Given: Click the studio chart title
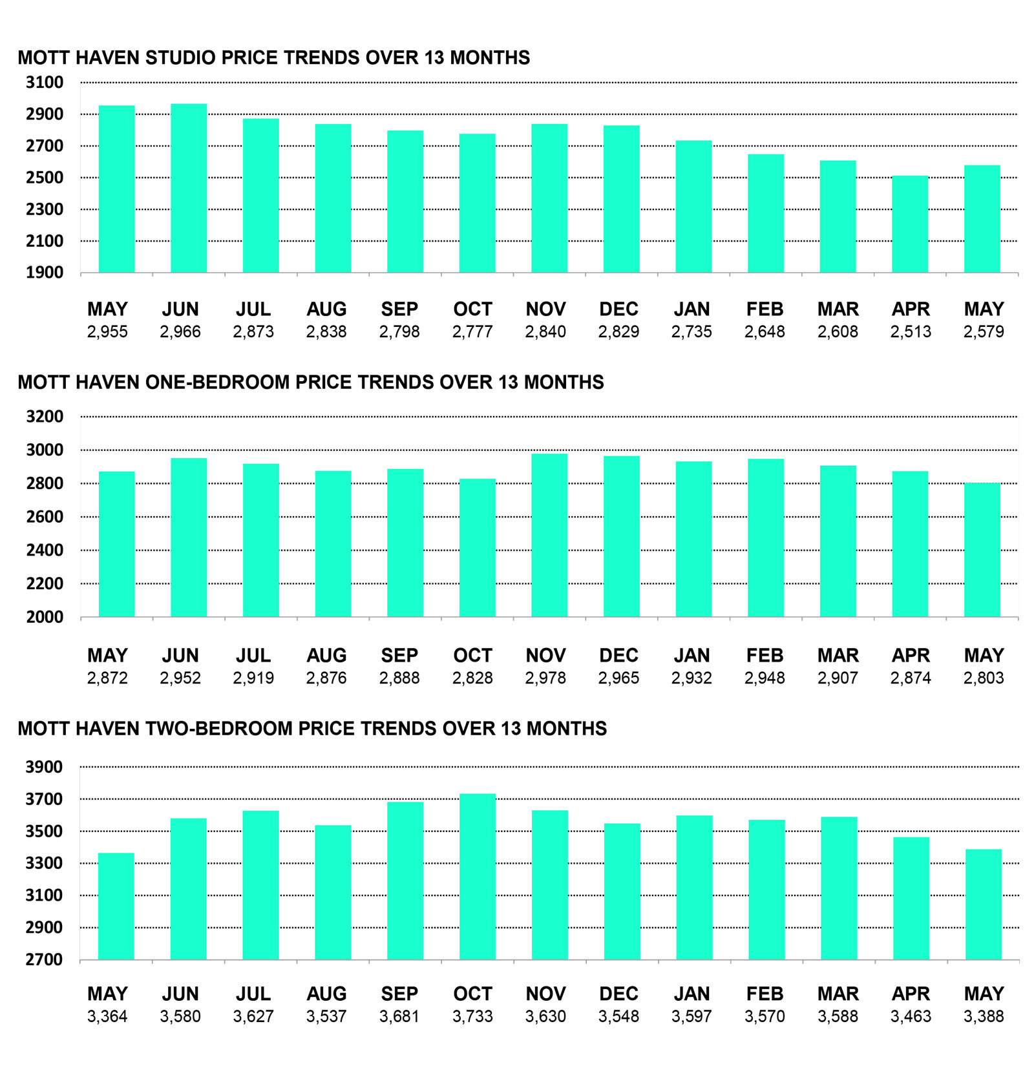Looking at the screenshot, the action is [273, 58].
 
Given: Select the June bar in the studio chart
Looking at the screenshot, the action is [189, 188].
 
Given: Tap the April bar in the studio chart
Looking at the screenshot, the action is [910, 224].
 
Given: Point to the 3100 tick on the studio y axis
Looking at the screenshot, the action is [45, 82].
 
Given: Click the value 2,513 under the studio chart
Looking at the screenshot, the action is [911, 331].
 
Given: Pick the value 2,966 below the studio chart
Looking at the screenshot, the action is [180, 331].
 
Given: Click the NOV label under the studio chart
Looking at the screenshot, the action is [545, 309].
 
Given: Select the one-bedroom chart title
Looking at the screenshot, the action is [311, 382].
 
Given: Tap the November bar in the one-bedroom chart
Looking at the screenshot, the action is [549, 535].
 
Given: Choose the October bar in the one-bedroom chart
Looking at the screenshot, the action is [478, 548].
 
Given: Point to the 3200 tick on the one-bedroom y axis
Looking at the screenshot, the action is [45, 416].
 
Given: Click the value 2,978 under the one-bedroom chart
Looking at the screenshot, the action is [545, 678].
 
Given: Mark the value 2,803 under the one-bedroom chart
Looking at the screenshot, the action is [984, 678].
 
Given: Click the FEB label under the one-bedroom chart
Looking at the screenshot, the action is [765, 655].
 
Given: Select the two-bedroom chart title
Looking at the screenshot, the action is [312, 728].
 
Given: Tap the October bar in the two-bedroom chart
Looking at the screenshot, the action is [478, 877].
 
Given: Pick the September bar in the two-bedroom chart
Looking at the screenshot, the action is [405, 881].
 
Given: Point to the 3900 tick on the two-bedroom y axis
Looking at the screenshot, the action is [45, 767].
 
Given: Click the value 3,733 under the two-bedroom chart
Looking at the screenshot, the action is [472, 1016].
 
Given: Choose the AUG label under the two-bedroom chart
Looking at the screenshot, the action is [326, 994].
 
